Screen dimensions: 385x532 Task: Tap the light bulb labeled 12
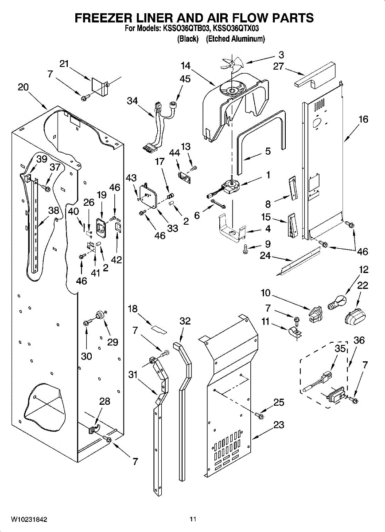click(x=337, y=302)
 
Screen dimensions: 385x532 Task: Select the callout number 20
click(x=23, y=87)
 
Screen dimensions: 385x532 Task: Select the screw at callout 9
click(x=246, y=249)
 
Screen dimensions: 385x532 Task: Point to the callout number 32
click(x=185, y=321)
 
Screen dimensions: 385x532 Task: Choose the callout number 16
click(x=363, y=119)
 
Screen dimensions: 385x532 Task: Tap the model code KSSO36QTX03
click(x=236, y=29)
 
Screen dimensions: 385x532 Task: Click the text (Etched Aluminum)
click(x=235, y=39)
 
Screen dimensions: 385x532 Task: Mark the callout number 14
click(x=185, y=66)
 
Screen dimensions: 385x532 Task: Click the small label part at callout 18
click(x=159, y=330)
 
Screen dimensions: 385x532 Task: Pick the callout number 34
click(x=132, y=101)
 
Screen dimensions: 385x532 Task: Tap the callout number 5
click(x=268, y=151)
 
